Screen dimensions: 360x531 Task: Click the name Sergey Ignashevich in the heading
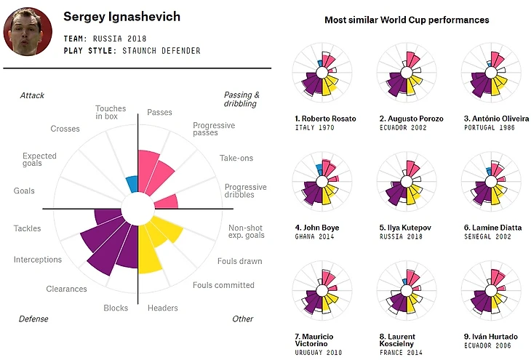tap(122, 17)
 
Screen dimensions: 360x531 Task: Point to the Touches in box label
tap(111, 113)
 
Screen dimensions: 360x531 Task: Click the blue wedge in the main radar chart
tap(132, 183)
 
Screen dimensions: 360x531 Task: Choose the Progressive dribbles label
tap(245, 191)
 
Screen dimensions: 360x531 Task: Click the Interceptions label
tap(38, 260)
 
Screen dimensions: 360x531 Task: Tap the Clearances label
tap(66, 289)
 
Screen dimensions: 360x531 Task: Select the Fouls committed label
tap(223, 285)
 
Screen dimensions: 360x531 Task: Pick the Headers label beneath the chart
tap(162, 308)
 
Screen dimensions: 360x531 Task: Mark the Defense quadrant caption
tap(33, 319)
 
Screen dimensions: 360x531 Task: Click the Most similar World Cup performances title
tap(407, 20)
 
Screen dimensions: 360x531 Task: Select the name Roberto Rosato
tap(325, 119)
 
